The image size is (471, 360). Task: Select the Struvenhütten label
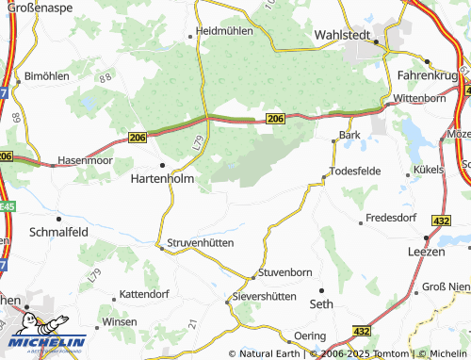200,242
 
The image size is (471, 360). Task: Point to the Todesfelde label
359,172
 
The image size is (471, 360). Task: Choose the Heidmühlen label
224,31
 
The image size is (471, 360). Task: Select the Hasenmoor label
85,160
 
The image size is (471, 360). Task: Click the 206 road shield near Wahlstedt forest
274,118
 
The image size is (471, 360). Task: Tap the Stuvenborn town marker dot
252,276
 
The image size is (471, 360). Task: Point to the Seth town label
321,303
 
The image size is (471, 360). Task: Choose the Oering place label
309,335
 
